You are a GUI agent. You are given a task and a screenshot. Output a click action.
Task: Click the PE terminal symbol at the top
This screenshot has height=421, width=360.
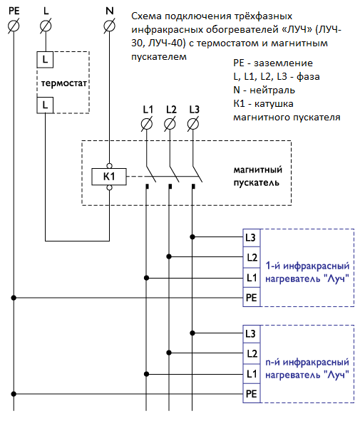coord(14,26)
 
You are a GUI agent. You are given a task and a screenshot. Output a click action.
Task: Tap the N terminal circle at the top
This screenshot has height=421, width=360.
coord(109,26)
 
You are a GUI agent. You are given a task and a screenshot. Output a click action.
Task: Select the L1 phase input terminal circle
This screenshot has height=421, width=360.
coord(147,124)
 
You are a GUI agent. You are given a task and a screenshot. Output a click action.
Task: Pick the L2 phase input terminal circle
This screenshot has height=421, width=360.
coord(170,124)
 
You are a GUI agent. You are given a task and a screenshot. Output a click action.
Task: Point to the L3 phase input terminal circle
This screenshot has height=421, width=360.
coord(193,124)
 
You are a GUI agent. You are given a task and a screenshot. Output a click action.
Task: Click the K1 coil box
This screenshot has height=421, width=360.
coord(109,177)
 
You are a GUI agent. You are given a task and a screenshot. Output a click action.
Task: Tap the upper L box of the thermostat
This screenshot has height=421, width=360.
coord(45,59)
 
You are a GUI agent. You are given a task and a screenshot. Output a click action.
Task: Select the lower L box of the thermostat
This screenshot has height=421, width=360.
coord(45,105)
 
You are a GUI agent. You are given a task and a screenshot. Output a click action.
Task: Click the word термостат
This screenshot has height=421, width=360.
coord(64,83)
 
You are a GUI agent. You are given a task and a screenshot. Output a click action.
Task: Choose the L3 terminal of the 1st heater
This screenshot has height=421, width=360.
coord(252,238)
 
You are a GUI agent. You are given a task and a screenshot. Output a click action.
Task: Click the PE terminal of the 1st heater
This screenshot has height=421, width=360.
coord(252,298)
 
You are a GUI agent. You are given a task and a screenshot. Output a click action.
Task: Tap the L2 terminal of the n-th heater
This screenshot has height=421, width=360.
coord(252,353)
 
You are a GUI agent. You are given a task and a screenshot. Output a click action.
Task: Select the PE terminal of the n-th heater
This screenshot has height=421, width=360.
coord(252,394)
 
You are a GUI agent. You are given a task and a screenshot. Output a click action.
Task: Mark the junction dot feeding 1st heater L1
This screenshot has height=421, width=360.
coord(146,278)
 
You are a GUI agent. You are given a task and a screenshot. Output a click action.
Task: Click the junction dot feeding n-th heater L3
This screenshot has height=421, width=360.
coord(192,333)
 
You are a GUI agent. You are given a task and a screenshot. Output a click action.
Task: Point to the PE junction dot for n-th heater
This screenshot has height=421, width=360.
coord(14,394)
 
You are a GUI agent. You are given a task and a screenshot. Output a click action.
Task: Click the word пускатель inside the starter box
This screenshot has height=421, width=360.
coord(257,183)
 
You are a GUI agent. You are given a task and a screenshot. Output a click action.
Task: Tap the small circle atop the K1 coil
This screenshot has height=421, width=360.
coord(109,166)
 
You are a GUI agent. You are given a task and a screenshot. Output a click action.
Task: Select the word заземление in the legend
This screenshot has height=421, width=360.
coord(284,63)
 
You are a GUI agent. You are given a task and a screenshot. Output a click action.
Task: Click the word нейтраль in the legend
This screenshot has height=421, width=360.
coord(272,90)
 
